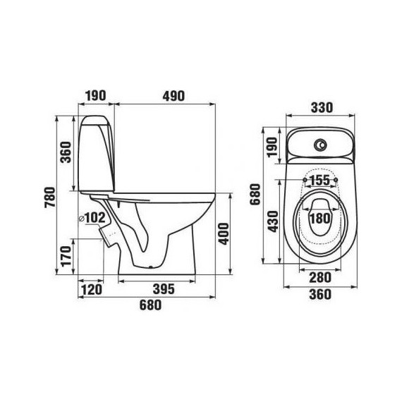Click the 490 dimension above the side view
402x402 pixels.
[173, 96]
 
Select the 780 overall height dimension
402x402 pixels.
[50, 197]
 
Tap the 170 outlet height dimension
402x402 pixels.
[66, 256]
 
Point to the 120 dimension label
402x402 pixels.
[92, 290]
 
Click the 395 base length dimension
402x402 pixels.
[164, 289]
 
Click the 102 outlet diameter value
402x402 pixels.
[95, 218]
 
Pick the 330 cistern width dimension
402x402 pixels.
[322, 108]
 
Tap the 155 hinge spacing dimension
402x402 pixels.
[320, 181]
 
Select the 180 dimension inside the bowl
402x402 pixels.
[320, 219]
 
